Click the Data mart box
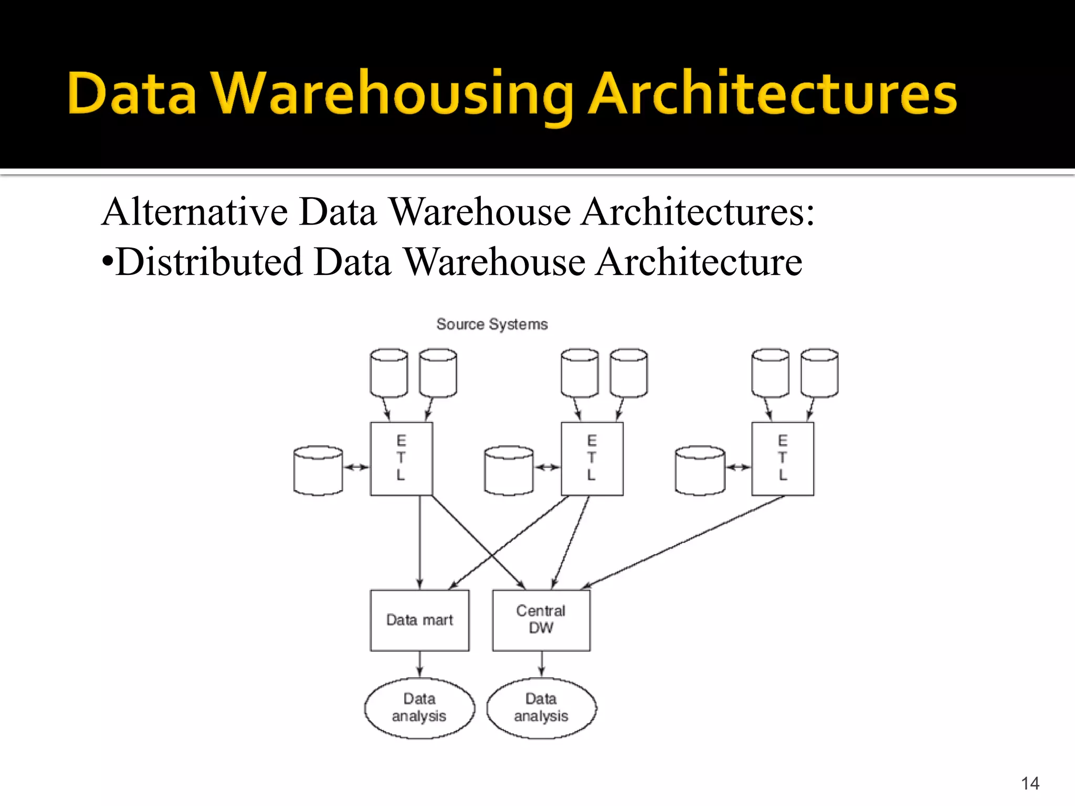(419, 620)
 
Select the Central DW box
(541, 620)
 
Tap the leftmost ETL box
(402, 459)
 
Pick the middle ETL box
(592, 459)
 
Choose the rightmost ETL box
(783, 459)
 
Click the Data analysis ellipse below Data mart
(419, 708)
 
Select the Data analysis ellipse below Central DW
(541, 708)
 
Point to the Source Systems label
(492, 324)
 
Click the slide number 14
(1030, 783)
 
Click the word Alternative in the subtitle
(194, 212)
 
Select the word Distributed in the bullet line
(209, 262)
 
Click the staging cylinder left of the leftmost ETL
(318, 470)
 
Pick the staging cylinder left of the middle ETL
(509, 470)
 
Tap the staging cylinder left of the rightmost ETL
(700, 470)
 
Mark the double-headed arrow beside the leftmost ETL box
(356, 467)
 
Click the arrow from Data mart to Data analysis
(419, 664)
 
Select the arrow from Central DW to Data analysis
(542, 664)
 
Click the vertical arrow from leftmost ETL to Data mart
(419, 540)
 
